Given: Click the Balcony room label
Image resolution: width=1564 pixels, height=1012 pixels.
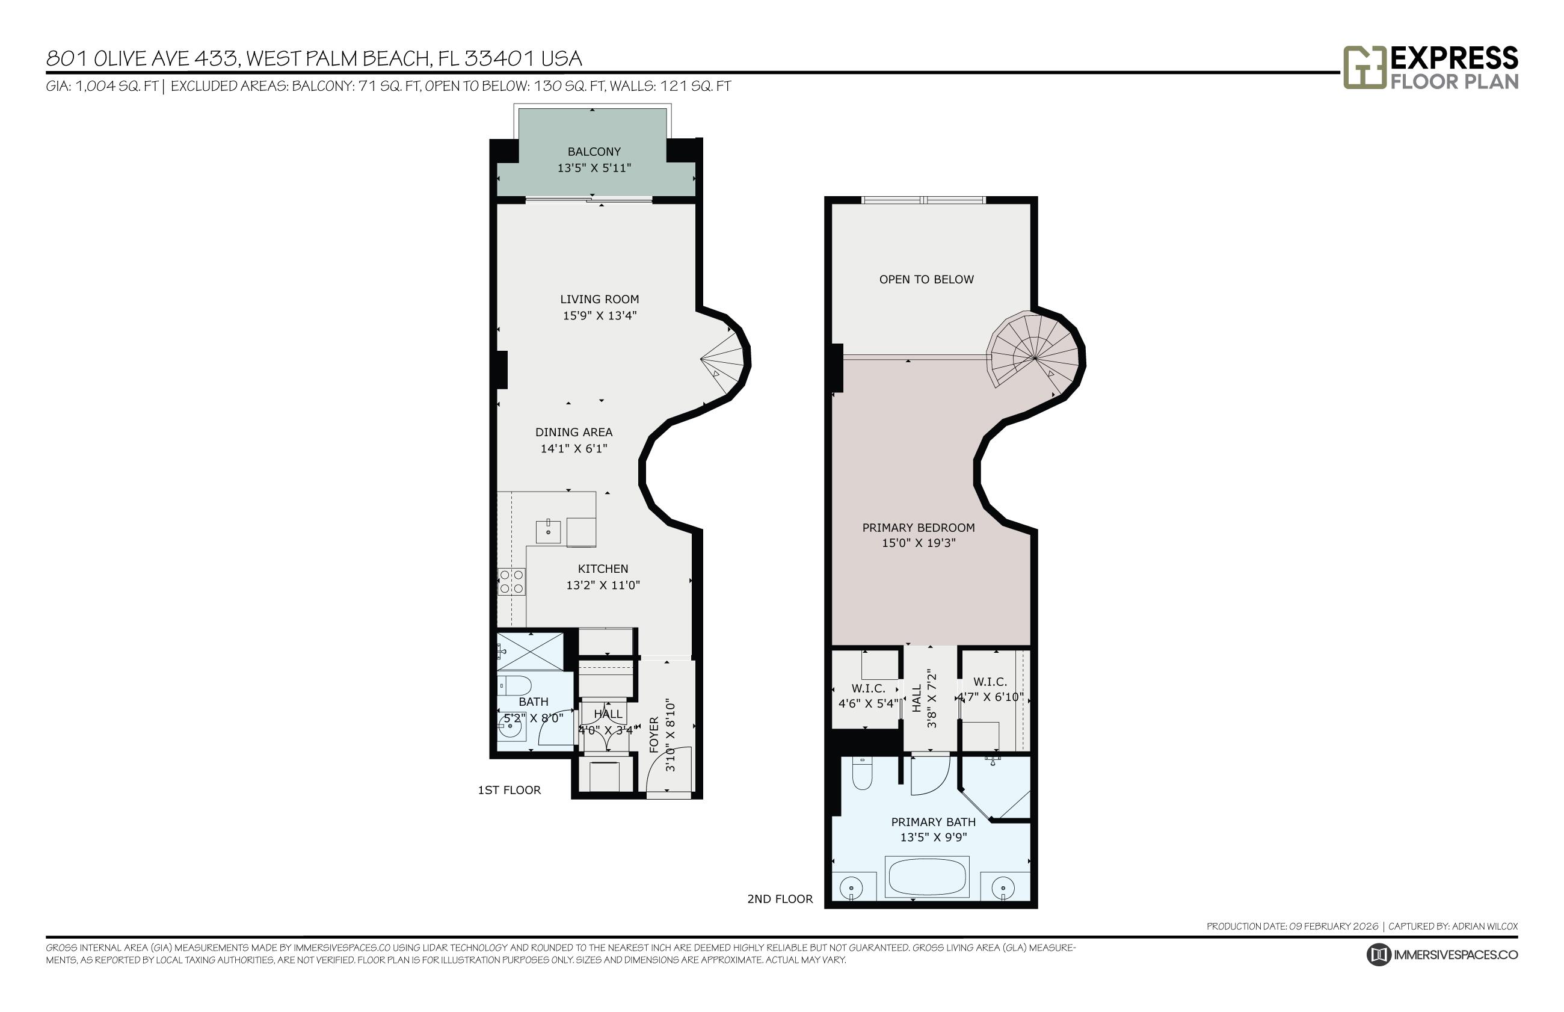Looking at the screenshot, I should [593, 152].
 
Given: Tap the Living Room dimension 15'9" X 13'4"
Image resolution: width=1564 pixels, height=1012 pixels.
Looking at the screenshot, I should [599, 315].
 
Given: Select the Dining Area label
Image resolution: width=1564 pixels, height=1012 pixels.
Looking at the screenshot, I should [573, 432].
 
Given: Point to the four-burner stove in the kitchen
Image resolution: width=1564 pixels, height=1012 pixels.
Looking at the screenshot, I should [511, 582].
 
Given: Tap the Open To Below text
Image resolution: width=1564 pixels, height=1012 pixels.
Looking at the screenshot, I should [926, 279].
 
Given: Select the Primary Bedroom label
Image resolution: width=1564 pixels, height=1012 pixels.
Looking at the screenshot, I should [917, 527].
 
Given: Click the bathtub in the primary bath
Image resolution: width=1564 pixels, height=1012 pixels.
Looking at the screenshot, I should [926, 877].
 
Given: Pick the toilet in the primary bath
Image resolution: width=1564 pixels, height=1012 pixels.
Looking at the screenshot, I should [861, 774].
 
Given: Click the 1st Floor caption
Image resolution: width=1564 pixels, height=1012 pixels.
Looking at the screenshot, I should [508, 790].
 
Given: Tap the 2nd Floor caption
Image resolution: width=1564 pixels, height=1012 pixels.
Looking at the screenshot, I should [779, 898].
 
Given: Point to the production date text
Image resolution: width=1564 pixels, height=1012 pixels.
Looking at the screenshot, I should [1292, 926].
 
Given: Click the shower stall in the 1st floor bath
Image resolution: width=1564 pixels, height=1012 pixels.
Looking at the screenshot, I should [530, 650].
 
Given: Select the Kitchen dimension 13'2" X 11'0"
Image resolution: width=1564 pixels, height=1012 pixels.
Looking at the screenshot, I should [602, 585].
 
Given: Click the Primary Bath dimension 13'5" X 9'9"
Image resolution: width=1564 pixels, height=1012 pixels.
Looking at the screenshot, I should [932, 837].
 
